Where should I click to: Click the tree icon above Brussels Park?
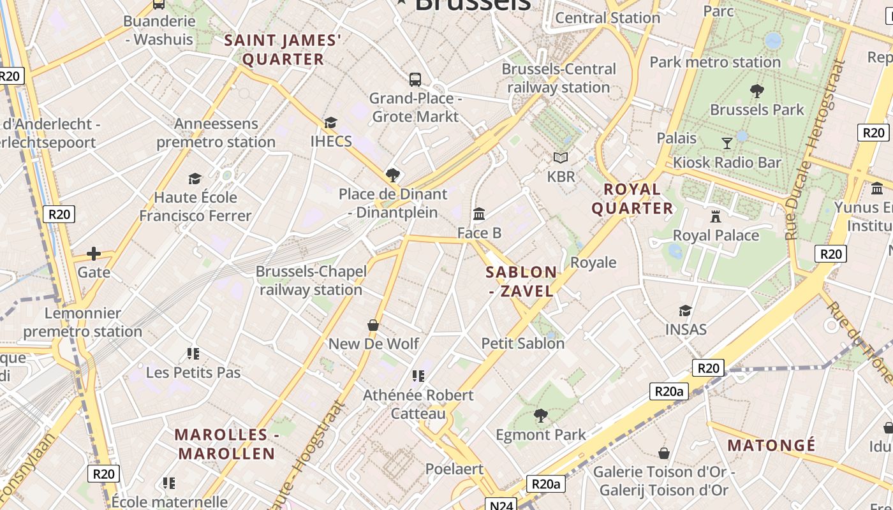[x=757, y=91]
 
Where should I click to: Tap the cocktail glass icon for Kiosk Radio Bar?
[x=727, y=143]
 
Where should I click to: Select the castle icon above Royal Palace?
[x=716, y=217]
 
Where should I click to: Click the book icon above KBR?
[x=561, y=157]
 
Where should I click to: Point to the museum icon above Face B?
[x=479, y=214]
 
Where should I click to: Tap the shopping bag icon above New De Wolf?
[x=373, y=325]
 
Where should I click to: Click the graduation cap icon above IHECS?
[x=330, y=122]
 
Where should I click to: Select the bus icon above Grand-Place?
[x=415, y=80]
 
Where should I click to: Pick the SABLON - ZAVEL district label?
[x=521, y=281]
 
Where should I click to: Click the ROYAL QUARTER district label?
[x=632, y=198]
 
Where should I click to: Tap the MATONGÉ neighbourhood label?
[x=771, y=445]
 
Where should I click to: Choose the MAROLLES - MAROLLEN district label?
[x=226, y=444]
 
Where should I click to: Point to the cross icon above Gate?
[x=94, y=254]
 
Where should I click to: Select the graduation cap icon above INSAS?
[x=686, y=310]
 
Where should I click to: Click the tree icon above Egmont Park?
[x=540, y=416]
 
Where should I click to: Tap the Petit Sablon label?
[x=522, y=343]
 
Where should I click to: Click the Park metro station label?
[x=715, y=62]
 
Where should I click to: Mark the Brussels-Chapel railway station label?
[x=311, y=280]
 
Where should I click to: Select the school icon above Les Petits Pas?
[x=193, y=353]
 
